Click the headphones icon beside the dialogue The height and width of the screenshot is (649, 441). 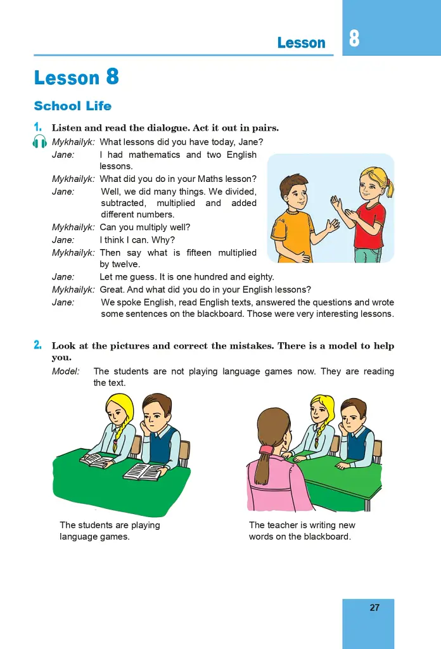[39, 141]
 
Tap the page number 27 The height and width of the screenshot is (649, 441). [374, 608]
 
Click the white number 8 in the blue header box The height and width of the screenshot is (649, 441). [354, 39]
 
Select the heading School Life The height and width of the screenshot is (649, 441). [73, 106]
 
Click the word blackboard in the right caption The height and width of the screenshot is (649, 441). [327, 536]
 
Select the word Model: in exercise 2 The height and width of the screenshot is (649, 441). [66, 371]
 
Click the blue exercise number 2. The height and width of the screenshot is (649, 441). [37, 345]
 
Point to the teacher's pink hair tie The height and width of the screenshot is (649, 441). [266, 449]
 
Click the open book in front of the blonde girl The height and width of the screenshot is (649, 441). [97, 460]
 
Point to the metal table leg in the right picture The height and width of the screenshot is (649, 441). [367, 503]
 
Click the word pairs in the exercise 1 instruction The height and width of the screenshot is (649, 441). [266, 128]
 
